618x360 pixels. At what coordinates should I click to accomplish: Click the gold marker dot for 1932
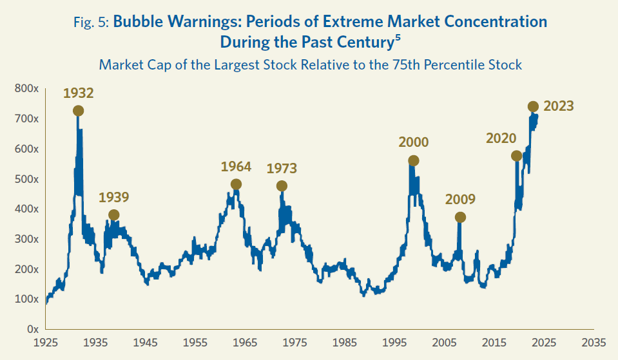coord(79,111)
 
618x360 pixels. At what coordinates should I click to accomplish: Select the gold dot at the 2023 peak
coord(533,107)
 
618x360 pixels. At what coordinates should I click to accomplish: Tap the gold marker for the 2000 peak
coord(414,160)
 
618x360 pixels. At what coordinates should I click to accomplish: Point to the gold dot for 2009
coord(460,218)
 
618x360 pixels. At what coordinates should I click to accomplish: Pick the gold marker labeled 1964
coord(236,184)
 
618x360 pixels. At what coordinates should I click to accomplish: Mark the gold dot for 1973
coord(282,186)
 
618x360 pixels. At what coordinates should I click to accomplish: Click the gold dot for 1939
coord(114,215)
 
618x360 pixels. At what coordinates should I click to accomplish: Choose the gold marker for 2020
coord(516,156)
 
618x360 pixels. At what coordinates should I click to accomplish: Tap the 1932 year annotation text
coord(79,93)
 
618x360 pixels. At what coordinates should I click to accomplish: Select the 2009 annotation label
coord(460,199)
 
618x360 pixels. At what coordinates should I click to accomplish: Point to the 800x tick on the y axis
coord(28,88)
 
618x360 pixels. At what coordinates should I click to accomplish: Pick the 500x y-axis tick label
coord(28,178)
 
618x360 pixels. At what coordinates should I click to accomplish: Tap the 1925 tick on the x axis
coord(46,342)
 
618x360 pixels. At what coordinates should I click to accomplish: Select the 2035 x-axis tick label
coord(593,342)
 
